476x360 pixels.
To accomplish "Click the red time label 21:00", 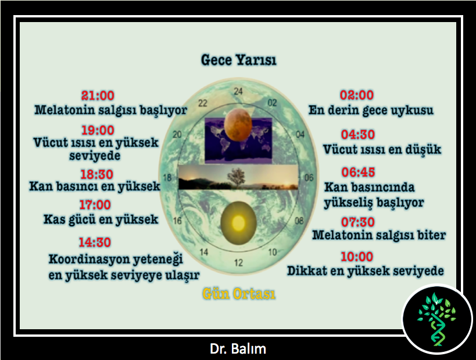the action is coord(98,96).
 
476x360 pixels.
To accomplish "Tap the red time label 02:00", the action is coord(357,95).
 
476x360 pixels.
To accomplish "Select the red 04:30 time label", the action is coord(358,134).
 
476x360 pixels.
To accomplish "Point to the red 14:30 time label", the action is coord(95,242).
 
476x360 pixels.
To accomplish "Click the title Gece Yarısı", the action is coord(239,60).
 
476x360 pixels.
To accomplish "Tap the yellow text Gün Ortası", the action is coord(239,294).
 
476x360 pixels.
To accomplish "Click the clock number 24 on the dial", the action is coord(238,91).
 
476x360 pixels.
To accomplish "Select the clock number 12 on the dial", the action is coord(239,262).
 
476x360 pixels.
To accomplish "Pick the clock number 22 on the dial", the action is coord(203,103).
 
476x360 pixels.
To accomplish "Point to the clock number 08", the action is coord(299,221).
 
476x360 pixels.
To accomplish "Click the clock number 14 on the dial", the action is coord(203,252).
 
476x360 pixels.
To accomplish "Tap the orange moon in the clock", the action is coord(238,125).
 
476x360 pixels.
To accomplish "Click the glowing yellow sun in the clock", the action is coord(239,223).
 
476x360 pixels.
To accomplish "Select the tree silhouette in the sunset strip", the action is coord(236,178).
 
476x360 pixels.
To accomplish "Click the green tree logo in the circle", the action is coord(437,319).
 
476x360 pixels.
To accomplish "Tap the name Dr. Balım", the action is coord(238,349).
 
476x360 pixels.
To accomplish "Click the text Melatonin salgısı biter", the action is coord(379,235).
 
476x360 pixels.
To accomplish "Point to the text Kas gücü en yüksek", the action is coord(101,219).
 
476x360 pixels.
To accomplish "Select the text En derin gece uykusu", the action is coord(371,110).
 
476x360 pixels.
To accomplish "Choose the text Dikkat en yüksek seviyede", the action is coord(366,271).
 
